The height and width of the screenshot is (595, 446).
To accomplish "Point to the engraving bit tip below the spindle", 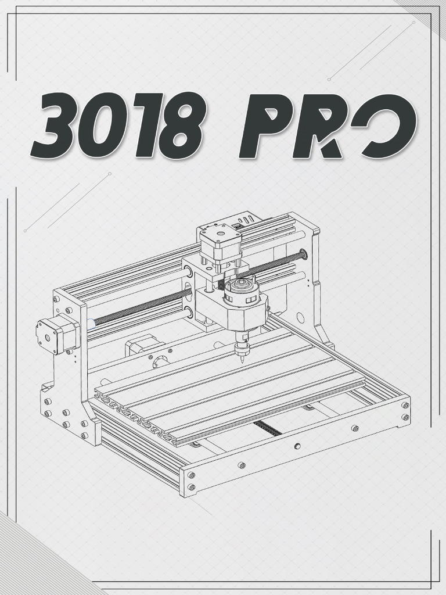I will coord(240,357).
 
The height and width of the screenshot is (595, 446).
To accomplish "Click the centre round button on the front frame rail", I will coord(297,446).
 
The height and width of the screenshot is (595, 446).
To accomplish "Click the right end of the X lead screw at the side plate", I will coord(303,254).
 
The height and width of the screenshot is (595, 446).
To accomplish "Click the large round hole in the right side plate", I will coord(300,318).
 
